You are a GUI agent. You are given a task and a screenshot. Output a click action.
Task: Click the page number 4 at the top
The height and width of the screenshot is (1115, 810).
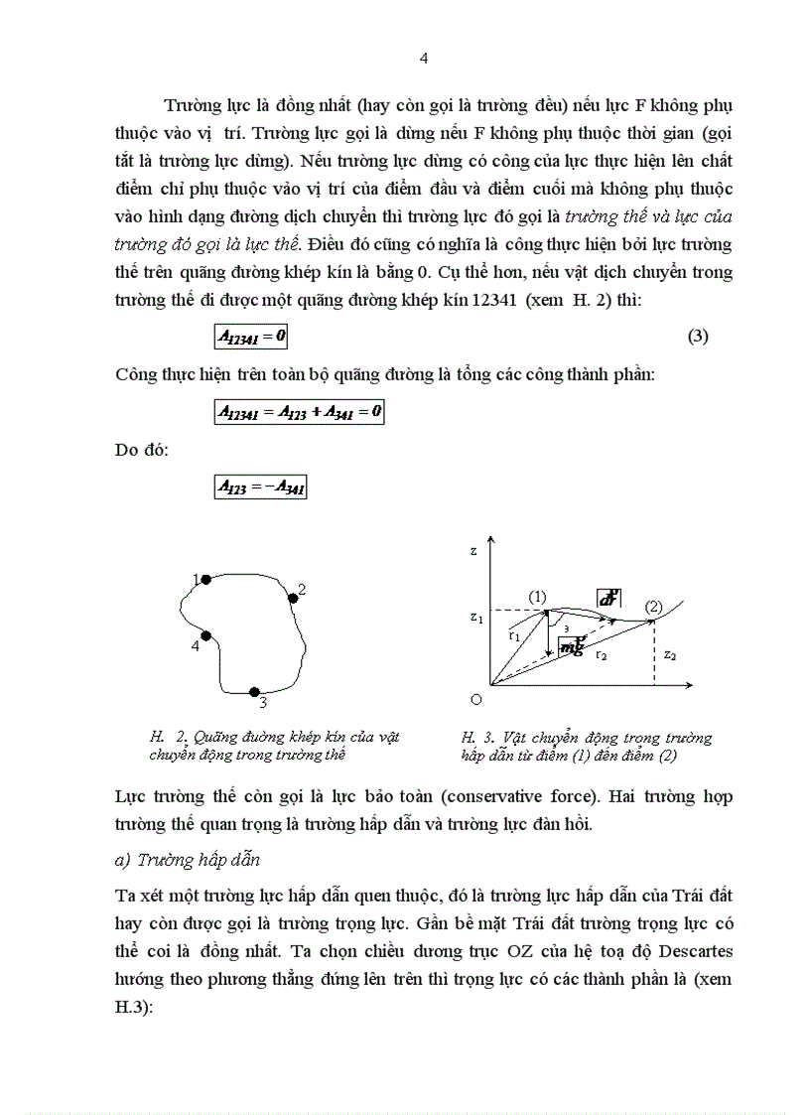pyautogui.click(x=424, y=58)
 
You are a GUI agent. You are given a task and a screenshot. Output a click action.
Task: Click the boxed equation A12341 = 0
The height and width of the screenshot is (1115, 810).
pyautogui.click(x=252, y=337)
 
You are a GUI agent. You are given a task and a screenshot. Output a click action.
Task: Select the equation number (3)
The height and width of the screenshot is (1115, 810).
pyautogui.click(x=697, y=337)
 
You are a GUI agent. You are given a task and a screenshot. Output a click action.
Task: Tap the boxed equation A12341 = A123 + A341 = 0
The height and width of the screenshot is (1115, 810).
pyautogui.click(x=300, y=411)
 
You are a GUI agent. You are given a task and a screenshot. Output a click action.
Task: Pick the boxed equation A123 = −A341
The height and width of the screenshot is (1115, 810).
pyautogui.click(x=261, y=487)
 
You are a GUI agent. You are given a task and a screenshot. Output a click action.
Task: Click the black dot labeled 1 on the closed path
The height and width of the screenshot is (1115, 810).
pyautogui.click(x=205, y=579)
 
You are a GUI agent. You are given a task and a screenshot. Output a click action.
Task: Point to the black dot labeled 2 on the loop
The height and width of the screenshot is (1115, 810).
pyautogui.click(x=293, y=598)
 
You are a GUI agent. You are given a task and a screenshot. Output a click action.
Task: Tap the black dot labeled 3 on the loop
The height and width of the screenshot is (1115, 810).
pyautogui.click(x=254, y=691)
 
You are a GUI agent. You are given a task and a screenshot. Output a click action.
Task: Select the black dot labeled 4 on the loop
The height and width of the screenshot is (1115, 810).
pyautogui.click(x=206, y=636)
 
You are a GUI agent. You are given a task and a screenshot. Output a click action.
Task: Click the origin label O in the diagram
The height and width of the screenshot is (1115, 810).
pyautogui.click(x=475, y=700)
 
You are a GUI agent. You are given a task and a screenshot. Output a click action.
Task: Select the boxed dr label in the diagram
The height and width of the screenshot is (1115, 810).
pyautogui.click(x=608, y=598)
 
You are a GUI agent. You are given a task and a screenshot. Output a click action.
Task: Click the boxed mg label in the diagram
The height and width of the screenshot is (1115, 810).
pyautogui.click(x=571, y=646)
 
